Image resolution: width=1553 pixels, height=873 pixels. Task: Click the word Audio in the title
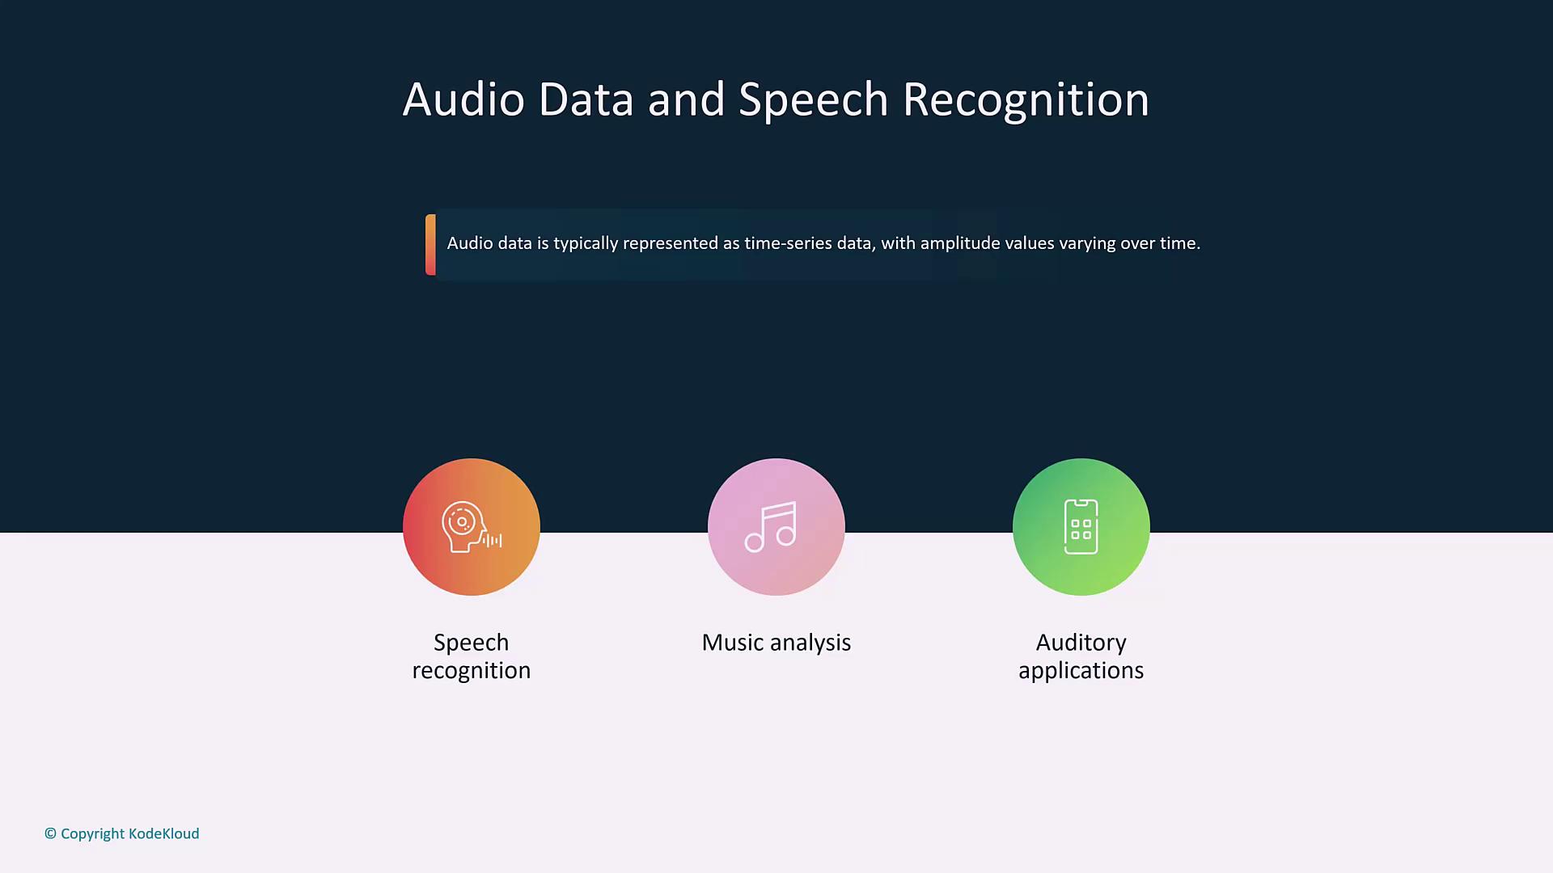point(463,99)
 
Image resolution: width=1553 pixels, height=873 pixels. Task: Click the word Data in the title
point(585,99)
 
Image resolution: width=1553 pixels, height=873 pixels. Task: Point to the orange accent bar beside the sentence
point(430,244)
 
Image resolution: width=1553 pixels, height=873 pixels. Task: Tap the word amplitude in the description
point(960,243)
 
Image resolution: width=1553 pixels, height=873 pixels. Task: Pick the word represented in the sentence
point(671,243)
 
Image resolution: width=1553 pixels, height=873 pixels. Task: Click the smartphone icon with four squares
point(1081,527)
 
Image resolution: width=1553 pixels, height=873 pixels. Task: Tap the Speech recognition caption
point(471,656)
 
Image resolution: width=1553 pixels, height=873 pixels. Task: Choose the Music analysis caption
point(776,643)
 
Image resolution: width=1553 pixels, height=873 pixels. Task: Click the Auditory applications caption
point(1081,656)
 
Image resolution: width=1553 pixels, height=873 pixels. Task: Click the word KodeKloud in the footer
point(163,833)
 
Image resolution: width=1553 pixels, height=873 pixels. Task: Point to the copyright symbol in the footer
point(50,833)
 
